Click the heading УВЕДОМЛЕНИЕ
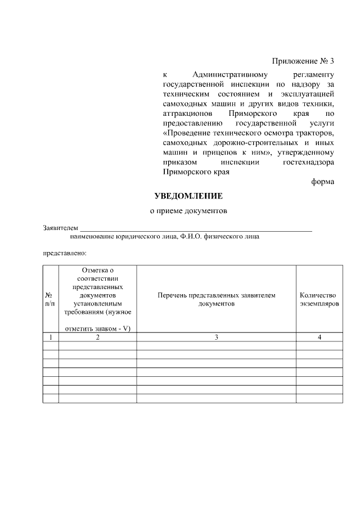pos(188,196)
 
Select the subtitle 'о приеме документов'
pos(188,212)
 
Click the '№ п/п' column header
pos(51,299)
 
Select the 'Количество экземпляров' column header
pos(318,299)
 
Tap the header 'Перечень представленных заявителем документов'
pos(216,299)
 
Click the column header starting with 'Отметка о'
pos(97,299)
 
